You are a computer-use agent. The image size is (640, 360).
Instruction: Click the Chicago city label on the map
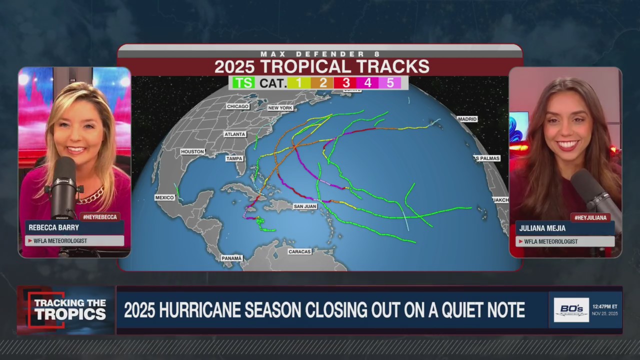tap(237, 106)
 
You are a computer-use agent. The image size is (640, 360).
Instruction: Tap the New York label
tap(280, 108)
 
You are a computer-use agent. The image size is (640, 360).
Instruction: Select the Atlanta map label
tap(234, 134)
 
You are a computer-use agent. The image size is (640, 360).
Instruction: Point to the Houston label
tap(192, 151)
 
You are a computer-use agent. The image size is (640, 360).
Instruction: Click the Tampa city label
tap(234, 158)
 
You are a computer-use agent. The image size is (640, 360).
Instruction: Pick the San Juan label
tap(305, 206)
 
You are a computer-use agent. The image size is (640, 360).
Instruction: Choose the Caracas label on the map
tap(299, 251)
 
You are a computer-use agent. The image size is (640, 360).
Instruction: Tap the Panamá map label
tap(231, 258)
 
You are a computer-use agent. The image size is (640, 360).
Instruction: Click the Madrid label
tap(467, 119)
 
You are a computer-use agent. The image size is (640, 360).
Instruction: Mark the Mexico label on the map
tap(164, 197)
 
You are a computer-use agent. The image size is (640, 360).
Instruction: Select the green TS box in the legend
tap(243, 82)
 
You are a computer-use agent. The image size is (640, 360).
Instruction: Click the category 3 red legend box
tap(345, 82)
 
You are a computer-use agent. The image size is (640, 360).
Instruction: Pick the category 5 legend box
tap(389, 82)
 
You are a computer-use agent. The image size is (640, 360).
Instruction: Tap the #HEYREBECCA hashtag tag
tap(99, 216)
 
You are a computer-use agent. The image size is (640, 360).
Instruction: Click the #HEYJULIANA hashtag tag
tap(590, 217)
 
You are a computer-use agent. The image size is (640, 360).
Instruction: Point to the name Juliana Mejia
tap(542, 228)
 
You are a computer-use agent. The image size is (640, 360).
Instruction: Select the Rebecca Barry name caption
tap(53, 227)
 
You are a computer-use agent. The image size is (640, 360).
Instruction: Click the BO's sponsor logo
tap(571, 310)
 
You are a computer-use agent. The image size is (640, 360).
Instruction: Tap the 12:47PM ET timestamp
tap(605, 306)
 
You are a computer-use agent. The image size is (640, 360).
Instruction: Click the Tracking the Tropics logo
tap(66, 309)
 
